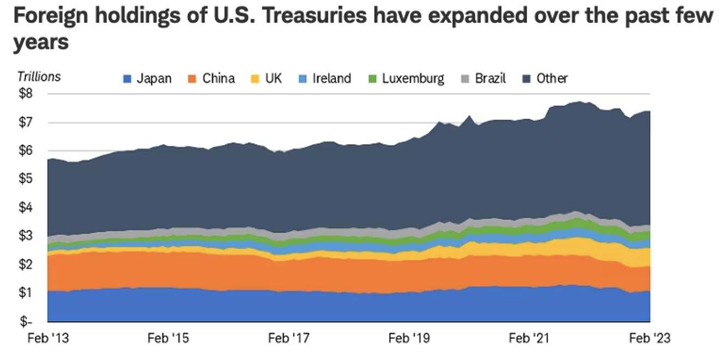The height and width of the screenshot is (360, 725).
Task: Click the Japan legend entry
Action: [x=147, y=79]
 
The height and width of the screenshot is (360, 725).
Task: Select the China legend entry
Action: [x=212, y=79]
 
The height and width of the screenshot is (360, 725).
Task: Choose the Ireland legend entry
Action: [x=325, y=79]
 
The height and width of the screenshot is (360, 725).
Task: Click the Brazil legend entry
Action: [x=484, y=79]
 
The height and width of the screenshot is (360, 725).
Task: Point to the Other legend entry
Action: [x=546, y=79]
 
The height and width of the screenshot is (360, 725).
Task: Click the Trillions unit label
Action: [x=39, y=77]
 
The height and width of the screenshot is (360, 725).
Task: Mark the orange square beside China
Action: [x=192, y=79]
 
